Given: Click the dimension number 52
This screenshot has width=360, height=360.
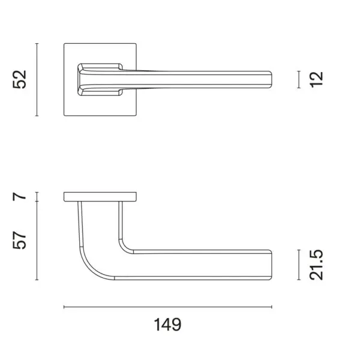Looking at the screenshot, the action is coord(20,79).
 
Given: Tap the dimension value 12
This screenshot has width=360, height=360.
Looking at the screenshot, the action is coord(316,79).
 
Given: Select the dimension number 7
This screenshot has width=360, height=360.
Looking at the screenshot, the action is coord(20,197).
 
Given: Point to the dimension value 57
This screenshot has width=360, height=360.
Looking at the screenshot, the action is coord(20,240).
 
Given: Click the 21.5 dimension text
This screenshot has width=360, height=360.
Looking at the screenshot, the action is coord(316,265).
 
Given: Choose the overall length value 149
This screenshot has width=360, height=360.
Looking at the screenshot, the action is coord(167,325).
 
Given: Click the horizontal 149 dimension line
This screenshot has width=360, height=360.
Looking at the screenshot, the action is coord(168,307).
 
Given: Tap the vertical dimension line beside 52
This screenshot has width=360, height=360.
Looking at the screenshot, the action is coord(37,80).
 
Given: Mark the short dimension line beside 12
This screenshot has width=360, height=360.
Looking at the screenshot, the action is coord(299,79).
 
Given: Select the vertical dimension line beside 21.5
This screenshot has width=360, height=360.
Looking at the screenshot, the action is coord(299,265).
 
